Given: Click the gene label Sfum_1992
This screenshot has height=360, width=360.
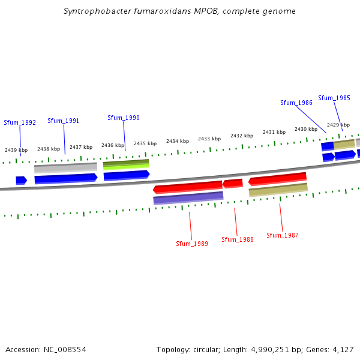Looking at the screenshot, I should [20, 122].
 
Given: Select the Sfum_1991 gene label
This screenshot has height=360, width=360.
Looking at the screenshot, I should [63, 121].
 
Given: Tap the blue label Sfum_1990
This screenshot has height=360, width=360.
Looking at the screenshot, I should [124, 118].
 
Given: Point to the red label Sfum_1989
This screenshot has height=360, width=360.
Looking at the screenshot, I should [192, 244].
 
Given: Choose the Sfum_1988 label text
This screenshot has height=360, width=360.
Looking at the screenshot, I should [238, 239].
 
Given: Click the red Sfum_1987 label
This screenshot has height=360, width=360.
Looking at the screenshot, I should [283, 235].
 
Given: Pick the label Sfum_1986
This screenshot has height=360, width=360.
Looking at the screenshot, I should [296, 103].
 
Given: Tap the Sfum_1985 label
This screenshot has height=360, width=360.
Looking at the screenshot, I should [334, 98].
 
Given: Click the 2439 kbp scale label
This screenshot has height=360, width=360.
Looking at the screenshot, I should [16, 150].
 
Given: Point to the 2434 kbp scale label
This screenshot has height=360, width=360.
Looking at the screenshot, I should [178, 141].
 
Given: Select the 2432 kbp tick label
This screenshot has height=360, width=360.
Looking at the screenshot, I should [242, 136].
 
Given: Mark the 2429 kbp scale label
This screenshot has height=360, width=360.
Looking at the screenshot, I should [338, 125].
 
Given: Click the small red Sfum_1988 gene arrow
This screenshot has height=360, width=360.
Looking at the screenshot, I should [233, 183].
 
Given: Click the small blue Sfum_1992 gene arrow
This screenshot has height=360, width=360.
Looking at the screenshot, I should [21, 180].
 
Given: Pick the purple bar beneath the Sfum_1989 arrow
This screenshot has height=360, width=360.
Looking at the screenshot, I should [188, 197].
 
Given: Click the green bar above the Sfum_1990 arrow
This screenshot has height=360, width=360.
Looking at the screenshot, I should [126, 163].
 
